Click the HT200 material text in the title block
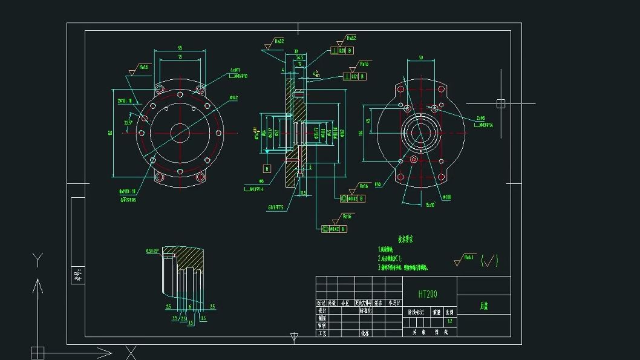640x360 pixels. pyautogui.click(x=428, y=294)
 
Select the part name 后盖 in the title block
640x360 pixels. pyautogui.click(x=483, y=306)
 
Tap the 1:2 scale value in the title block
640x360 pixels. pyautogui.click(x=449, y=321)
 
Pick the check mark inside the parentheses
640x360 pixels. pyautogui.click(x=490, y=261)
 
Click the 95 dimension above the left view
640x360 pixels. pyautogui.click(x=180, y=48)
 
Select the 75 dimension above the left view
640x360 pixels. pyautogui.click(x=180, y=57)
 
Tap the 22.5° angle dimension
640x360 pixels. pyautogui.click(x=128, y=123)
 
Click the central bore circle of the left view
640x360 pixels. pyautogui.click(x=180, y=132)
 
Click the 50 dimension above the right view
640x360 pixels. pyautogui.click(x=421, y=57)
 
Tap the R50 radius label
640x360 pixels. pyautogui.click(x=377, y=185)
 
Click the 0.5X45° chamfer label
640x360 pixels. pyautogui.click(x=153, y=250)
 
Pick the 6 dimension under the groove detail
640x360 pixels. pyautogui.click(x=191, y=307)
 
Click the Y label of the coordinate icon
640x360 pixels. pyautogui.click(x=38, y=261)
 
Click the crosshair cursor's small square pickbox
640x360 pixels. pyautogui.click(x=501, y=103)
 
